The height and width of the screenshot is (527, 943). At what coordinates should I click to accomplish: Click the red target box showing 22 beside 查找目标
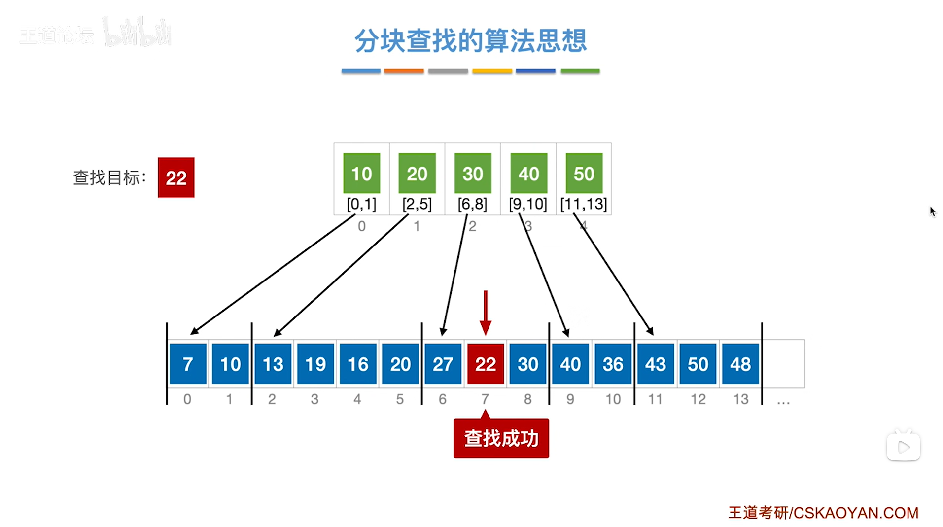176,177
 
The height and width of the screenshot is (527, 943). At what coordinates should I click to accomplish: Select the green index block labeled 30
473,173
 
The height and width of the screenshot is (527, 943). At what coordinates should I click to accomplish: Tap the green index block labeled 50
584,173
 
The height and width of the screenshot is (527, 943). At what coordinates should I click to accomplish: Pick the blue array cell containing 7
188,364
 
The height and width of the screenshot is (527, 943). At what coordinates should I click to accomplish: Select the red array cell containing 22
486,364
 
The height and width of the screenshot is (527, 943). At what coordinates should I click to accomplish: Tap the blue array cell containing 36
613,364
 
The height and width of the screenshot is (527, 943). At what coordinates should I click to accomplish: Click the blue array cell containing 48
740,364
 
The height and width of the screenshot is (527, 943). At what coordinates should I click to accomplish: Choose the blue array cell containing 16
358,364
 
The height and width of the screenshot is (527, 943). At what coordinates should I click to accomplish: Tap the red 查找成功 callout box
501,438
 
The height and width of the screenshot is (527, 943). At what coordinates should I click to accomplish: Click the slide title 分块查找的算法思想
471,40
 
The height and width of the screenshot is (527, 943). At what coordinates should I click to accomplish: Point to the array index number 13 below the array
740,399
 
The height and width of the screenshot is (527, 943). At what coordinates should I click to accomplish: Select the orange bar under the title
404,71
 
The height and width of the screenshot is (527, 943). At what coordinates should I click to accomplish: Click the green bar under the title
580,71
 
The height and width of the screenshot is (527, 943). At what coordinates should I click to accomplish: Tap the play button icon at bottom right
903,447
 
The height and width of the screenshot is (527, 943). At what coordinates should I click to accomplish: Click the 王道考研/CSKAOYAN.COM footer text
823,513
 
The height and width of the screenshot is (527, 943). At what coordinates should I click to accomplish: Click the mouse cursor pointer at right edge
932,211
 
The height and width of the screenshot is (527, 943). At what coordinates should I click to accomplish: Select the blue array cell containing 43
655,364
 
